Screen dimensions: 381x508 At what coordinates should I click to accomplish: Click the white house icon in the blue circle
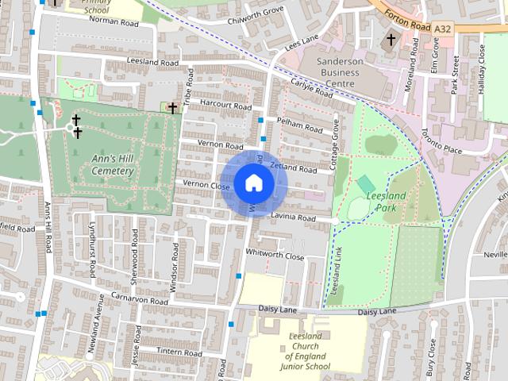click(x=252, y=183)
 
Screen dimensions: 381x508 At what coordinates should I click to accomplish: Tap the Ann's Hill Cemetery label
click(x=112, y=164)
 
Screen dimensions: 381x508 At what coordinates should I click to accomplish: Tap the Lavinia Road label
click(x=293, y=217)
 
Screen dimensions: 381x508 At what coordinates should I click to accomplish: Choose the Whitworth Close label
click(x=275, y=256)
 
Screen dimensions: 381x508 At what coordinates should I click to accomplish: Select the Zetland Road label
click(x=294, y=167)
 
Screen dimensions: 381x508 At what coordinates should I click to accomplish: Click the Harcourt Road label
click(x=225, y=106)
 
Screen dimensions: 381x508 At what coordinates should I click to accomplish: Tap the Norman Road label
click(x=114, y=23)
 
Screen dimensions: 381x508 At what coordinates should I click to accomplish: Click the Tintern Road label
click(x=180, y=352)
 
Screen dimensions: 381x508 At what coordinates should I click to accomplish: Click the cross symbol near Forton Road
click(x=391, y=40)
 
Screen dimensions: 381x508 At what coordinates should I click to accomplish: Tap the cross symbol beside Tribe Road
click(x=171, y=107)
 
